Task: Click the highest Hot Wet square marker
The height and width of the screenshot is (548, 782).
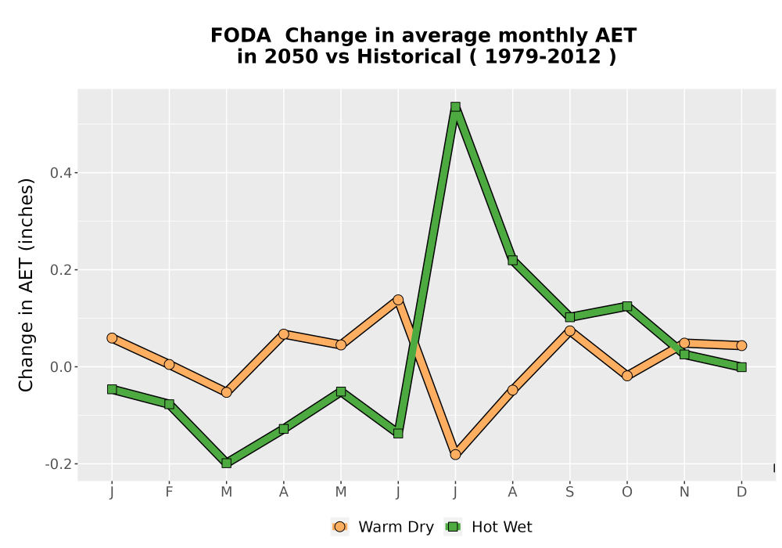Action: [455, 106]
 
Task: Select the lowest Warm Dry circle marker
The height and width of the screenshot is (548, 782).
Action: [455, 455]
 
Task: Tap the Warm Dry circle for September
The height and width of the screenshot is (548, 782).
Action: [570, 330]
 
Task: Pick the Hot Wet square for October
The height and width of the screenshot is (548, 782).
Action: [627, 306]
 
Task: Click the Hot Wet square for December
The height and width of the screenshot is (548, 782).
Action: [741, 367]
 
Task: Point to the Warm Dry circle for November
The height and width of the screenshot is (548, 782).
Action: [684, 343]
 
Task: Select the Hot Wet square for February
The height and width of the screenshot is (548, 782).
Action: [169, 404]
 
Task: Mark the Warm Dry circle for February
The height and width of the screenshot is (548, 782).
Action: [169, 364]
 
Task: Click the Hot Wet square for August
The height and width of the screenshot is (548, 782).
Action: [513, 260]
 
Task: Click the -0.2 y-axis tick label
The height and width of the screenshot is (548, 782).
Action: [59, 464]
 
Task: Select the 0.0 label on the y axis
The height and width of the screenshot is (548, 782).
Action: [61, 367]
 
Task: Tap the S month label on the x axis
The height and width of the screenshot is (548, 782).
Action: [570, 492]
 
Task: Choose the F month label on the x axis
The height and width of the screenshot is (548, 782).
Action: [169, 492]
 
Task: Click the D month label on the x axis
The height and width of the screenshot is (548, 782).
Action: [741, 492]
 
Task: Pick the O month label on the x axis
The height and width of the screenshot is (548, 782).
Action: [627, 492]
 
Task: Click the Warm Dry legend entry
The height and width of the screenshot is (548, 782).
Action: [382, 527]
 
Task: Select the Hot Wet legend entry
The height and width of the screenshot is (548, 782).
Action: [488, 527]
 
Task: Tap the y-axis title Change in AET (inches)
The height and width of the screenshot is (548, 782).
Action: [26, 285]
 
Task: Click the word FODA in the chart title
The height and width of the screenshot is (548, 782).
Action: [241, 35]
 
